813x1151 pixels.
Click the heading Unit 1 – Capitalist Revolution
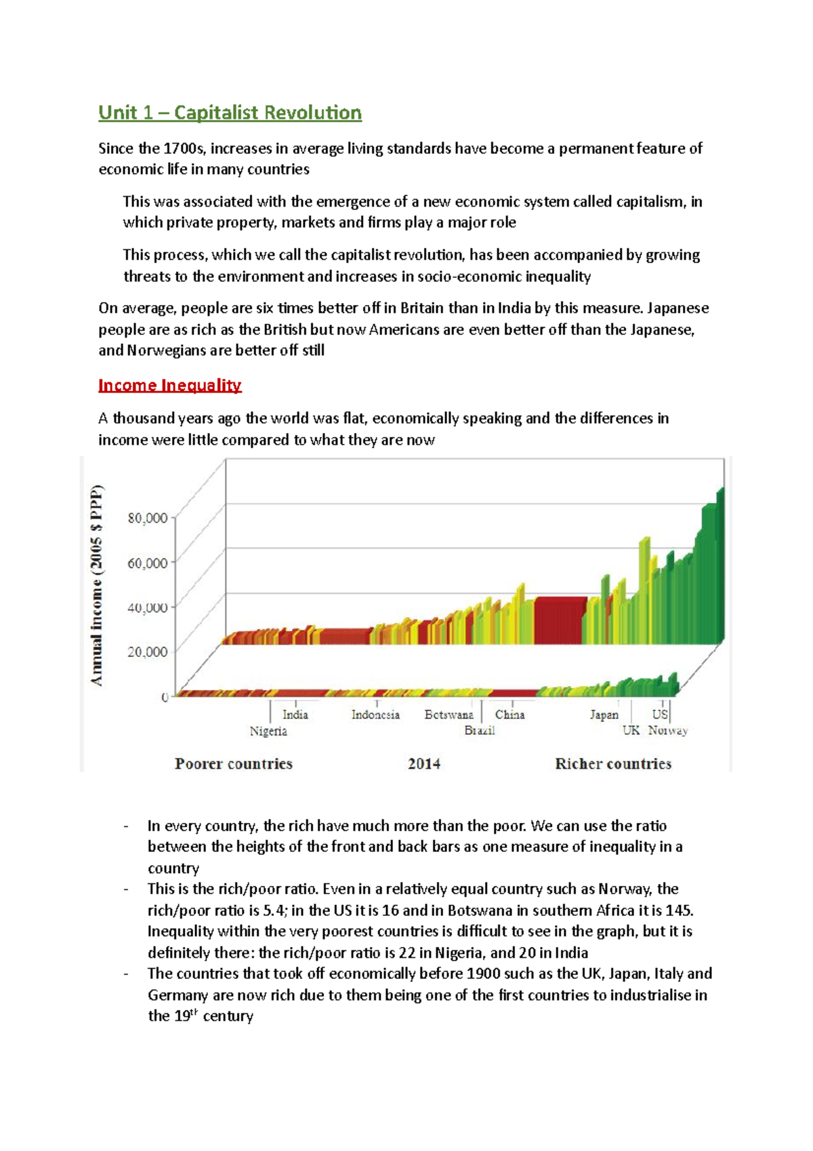(x=230, y=113)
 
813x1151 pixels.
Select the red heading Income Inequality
(x=169, y=386)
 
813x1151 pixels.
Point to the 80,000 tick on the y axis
(x=148, y=519)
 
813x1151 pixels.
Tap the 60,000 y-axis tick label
(x=148, y=563)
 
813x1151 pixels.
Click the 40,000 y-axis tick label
(x=148, y=607)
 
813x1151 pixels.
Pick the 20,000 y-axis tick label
(x=148, y=652)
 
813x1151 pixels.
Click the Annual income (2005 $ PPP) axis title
(x=98, y=585)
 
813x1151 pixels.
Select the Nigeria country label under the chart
(x=268, y=731)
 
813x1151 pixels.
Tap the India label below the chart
(x=295, y=714)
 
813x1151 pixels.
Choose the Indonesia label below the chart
(x=375, y=714)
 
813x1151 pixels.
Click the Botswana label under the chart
(x=449, y=714)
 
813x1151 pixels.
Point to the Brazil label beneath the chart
(x=480, y=731)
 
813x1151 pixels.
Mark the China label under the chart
(x=509, y=714)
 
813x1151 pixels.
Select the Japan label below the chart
(x=604, y=714)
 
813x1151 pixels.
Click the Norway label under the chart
(x=668, y=731)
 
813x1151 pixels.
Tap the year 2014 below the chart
(x=424, y=764)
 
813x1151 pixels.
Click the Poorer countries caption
(x=234, y=764)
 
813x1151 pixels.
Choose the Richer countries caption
(x=613, y=764)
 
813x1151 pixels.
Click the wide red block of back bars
(x=559, y=620)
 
